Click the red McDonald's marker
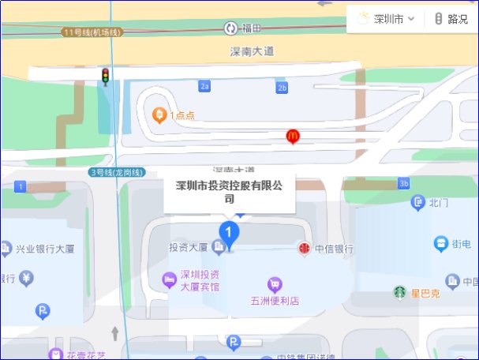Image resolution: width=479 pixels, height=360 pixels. [x=293, y=137]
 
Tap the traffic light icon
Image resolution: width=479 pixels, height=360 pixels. [x=104, y=76]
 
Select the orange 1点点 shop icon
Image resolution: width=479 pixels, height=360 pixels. [x=159, y=115]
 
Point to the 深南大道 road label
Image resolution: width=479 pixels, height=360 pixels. [x=252, y=51]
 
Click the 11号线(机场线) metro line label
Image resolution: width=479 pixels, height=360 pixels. [x=93, y=32]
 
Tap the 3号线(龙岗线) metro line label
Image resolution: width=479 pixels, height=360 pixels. [x=118, y=172]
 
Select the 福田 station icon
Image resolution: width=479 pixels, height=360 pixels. [x=230, y=28]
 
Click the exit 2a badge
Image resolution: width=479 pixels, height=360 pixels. [x=205, y=86]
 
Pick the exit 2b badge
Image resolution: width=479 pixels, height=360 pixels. [x=282, y=87]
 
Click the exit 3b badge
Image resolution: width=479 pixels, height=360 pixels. [x=404, y=184]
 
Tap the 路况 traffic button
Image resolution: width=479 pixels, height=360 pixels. [x=451, y=19]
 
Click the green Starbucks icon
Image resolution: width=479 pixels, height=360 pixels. [x=400, y=293]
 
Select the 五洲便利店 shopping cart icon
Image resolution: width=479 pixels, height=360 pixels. [x=274, y=284]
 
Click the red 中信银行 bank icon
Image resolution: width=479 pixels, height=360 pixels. [x=304, y=249]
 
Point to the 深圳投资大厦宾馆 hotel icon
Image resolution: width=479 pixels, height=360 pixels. [x=168, y=279]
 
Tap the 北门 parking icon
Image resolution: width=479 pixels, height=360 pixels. [x=417, y=203]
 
